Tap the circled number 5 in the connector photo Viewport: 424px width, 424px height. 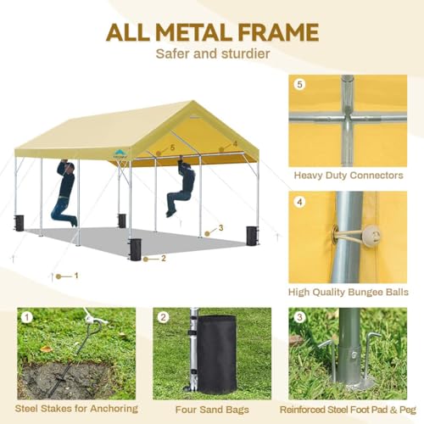(299, 85)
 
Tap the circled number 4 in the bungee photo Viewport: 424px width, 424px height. (299, 203)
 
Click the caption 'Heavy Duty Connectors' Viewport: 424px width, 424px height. (348, 176)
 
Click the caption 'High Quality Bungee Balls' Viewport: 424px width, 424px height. (348, 293)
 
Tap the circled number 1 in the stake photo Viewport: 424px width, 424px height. (27, 318)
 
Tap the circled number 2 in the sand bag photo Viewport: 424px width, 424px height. (164, 318)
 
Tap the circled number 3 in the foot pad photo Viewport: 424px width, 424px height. (299, 318)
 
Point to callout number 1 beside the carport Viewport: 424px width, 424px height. (75, 275)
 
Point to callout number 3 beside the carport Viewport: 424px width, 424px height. (220, 227)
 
